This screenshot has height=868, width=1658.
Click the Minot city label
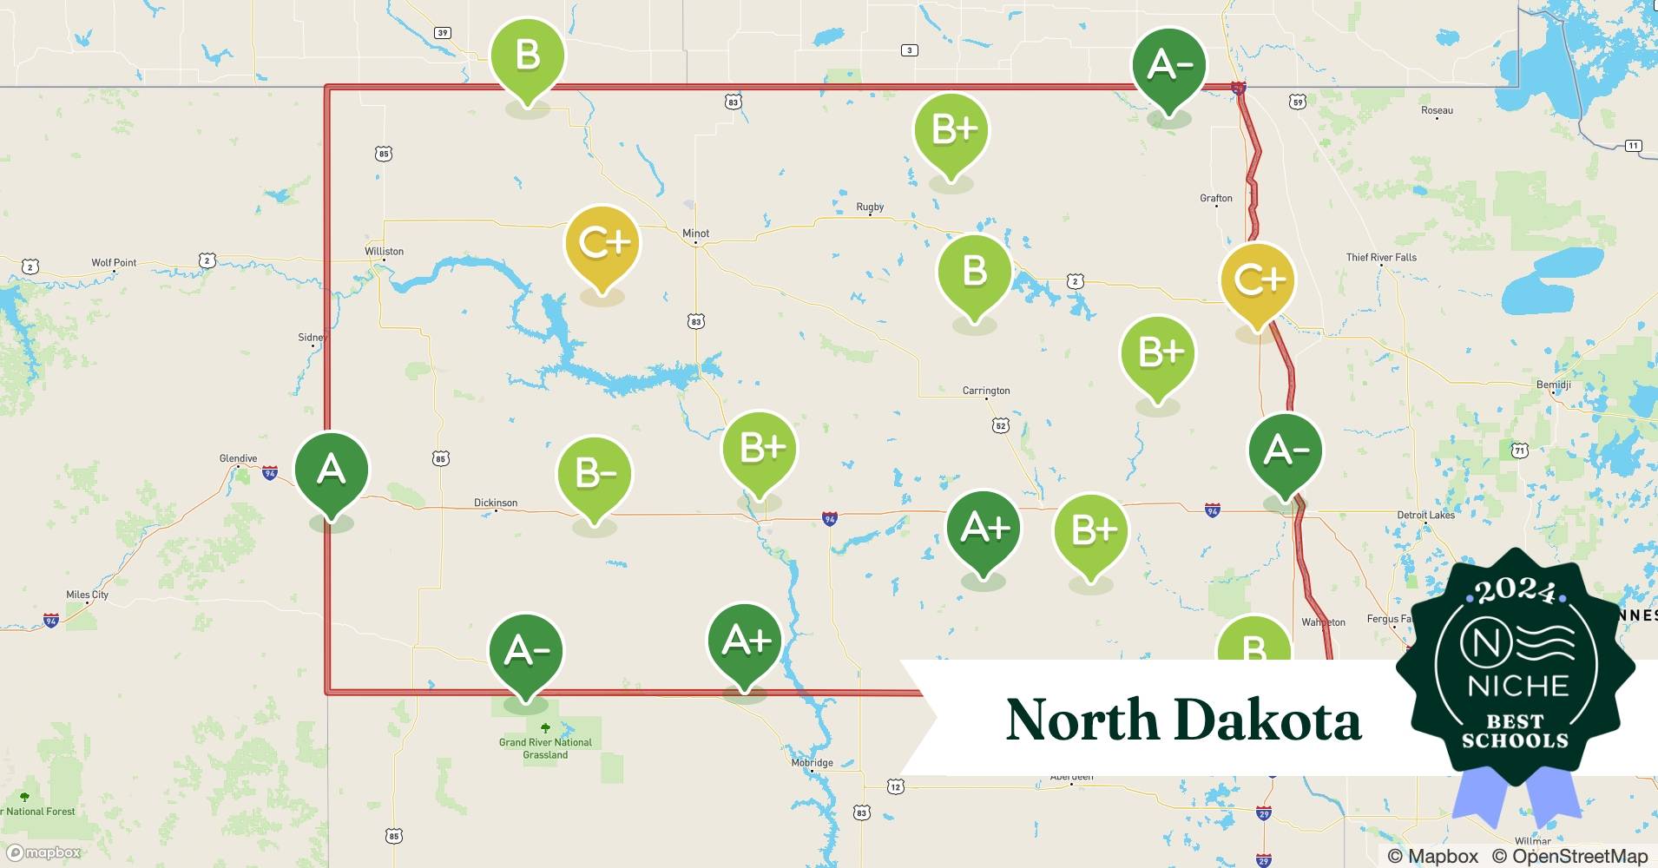(695, 233)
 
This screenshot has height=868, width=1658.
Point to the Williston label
(384, 252)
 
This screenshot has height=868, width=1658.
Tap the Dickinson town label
(496, 503)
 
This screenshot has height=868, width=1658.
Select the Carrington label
(986, 391)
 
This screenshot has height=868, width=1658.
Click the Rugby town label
(870, 207)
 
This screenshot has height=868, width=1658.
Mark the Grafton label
(1216, 198)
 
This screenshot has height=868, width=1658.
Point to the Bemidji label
(1554, 385)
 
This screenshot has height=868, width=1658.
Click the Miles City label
(88, 595)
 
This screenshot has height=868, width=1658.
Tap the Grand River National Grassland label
(545, 748)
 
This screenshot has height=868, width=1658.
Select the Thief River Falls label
(1381, 257)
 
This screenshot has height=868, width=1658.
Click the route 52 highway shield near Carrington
(1001, 425)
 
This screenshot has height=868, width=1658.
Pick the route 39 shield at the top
(443, 33)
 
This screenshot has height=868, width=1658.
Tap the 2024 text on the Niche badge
(1515, 590)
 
